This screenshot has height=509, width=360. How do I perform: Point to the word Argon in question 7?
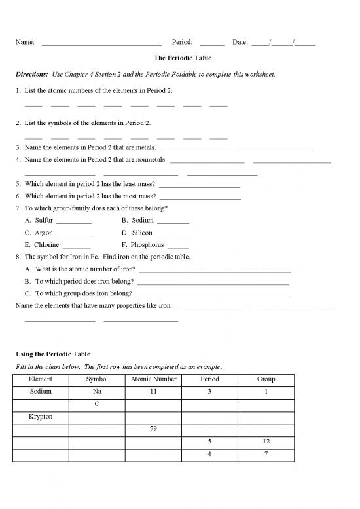44,233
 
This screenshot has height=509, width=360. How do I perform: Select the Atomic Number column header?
153,379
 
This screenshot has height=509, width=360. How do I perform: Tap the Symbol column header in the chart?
97,379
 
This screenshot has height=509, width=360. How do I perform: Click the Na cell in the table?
97,392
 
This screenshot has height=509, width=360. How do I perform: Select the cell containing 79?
153,430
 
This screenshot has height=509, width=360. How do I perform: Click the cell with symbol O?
97,404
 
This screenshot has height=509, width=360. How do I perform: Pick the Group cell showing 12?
266,442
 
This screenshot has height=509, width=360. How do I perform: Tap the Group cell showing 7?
266,455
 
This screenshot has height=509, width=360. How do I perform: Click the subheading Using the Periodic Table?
52,354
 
